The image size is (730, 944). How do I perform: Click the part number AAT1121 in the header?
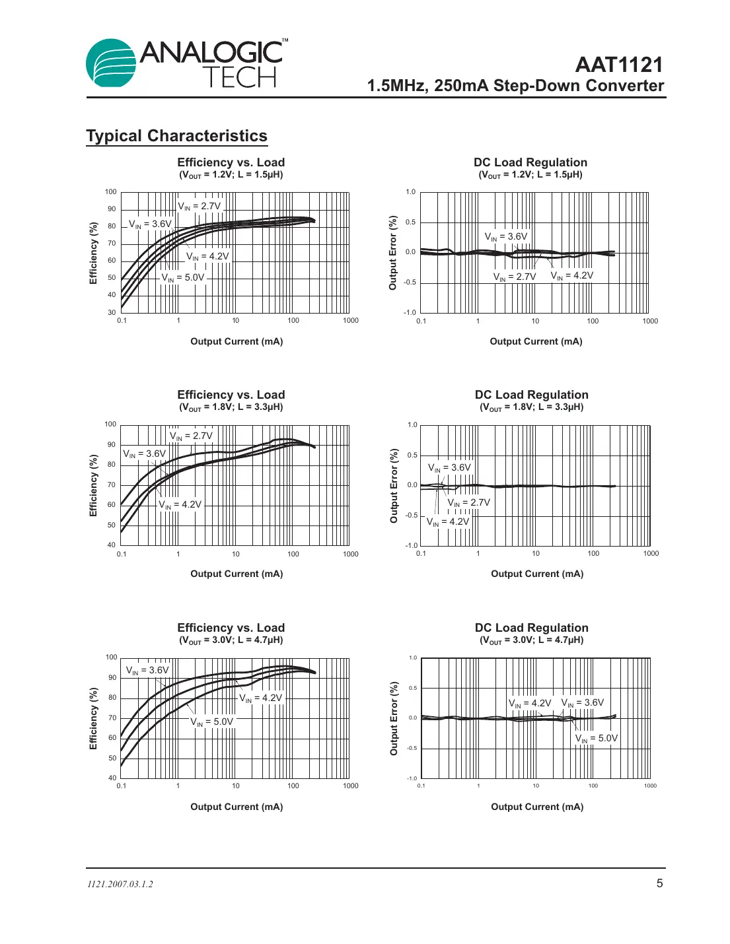(x=618, y=65)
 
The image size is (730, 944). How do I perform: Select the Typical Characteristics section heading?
(x=176, y=136)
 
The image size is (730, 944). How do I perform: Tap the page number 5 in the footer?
(x=659, y=883)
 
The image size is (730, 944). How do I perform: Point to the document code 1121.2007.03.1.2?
(x=120, y=884)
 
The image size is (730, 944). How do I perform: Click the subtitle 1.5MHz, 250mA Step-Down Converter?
(x=515, y=86)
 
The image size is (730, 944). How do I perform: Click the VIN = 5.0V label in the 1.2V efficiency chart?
(x=183, y=278)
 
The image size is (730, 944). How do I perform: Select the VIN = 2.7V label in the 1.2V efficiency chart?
(x=200, y=207)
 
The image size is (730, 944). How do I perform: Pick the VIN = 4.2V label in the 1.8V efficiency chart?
(x=180, y=504)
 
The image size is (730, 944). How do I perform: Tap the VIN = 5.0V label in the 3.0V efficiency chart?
(x=212, y=722)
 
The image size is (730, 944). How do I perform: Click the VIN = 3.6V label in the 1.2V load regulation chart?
(x=506, y=236)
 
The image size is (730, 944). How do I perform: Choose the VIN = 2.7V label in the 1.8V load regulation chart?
(x=469, y=502)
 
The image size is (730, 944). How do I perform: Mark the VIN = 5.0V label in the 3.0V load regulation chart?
(x=597, y=738)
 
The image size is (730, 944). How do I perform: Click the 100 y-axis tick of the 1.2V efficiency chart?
(x=110, y=192)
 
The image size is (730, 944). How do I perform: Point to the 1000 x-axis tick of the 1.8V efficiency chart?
(x=350, y=554)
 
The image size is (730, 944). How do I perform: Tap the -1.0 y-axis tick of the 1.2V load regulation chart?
(x=410, y=312)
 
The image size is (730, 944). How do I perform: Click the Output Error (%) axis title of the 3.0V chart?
(x=394, y=718)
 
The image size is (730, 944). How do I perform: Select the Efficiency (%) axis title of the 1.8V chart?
(x=93, y=485)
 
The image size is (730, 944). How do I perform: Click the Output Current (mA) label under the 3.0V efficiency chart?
(x=237, y=807)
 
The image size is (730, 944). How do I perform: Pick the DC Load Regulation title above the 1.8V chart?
(x=531, y=395)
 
